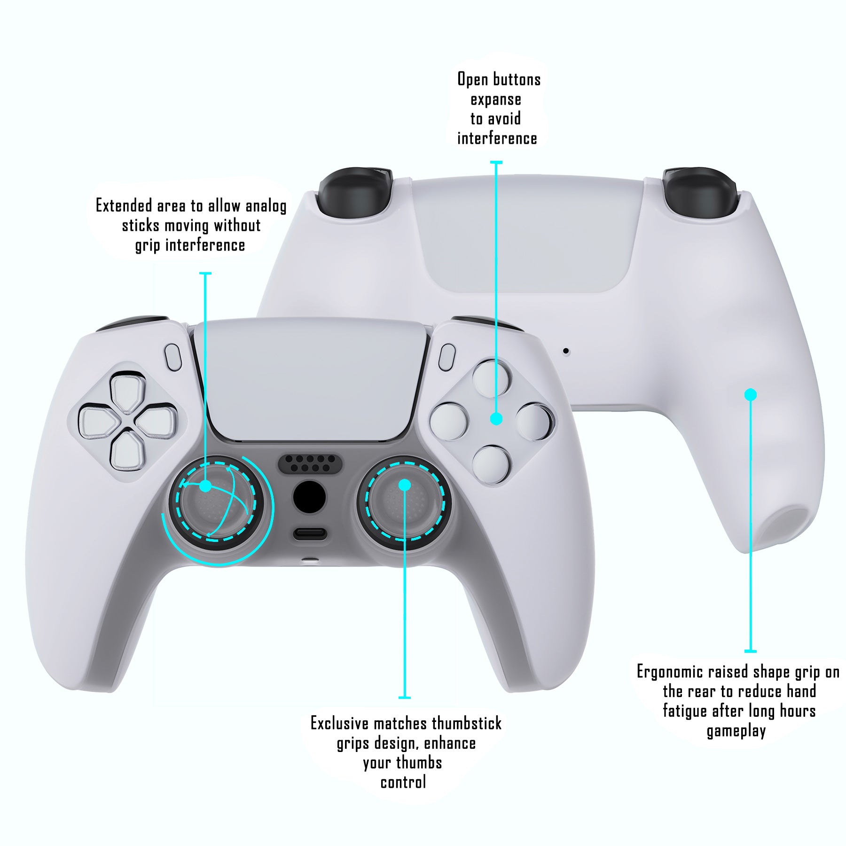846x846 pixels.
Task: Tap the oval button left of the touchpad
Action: pos(173,358)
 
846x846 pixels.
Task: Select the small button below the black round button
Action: pos(309,534)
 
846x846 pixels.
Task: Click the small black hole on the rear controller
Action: pos(566,351)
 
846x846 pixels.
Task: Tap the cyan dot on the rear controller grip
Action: pos(751,394)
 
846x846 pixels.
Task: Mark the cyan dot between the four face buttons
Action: pos(496,419)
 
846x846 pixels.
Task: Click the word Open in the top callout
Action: pos(472,79)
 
